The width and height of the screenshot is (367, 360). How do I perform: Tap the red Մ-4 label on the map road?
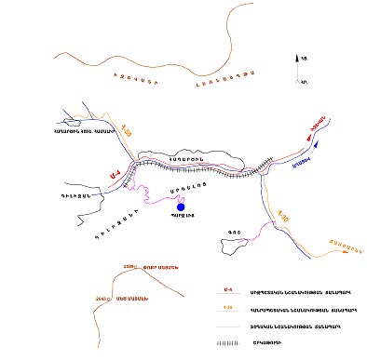113,172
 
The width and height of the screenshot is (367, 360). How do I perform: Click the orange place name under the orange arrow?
341,249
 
